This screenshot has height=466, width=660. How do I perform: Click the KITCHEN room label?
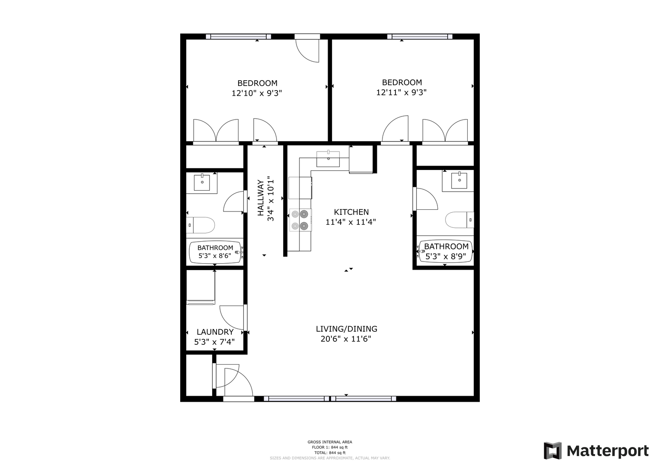pyautogui.click(x=351, y=212)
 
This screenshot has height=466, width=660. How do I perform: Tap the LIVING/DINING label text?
pyautogui.click(x=347, y=329)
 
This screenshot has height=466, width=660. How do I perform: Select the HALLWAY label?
pyautogui.click(x=261, y=198)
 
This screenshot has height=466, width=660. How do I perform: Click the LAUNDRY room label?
pyautogui.click(x=215, y=332)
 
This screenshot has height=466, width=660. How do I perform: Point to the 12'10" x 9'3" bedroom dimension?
pyautogui.click(x=257, y=93)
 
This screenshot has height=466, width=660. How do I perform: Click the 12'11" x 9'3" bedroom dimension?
pyautogui.click(x=401, y=92)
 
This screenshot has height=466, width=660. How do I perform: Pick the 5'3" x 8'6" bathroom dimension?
pyautogui.click(x=215, y=255)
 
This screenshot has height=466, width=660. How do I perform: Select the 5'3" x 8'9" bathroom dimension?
pyautogui.click(x=446, y=257)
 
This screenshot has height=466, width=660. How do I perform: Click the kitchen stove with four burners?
pyautogui.click(x=300, y=220)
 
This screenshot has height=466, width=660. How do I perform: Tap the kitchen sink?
pyautogui.click(x=328, y=159)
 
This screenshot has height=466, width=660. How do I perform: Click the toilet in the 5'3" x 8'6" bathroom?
pyautogui.click(x=201, y=225)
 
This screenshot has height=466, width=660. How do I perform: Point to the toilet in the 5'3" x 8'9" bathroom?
pyautogui.click(x=459, y=220)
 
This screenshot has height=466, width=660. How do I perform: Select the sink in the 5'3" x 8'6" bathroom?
pyautogui.click(x=202, y=183)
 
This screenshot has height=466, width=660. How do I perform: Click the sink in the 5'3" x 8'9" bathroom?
pyautogui.click(x=459, y=180)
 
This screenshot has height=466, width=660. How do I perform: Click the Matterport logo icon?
pyautogui.click(x=552, y=451)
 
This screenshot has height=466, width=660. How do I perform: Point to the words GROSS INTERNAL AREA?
pyautogui.click(x=330, y=442)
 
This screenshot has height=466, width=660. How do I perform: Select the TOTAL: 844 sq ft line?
pyautogui.click(x=330, y=453)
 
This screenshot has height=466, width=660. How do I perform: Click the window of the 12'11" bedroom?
pyautogui.click(x=420, y=37)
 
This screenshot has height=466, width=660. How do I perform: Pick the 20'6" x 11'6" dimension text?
pyautogui.click(x=346, y=339)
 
